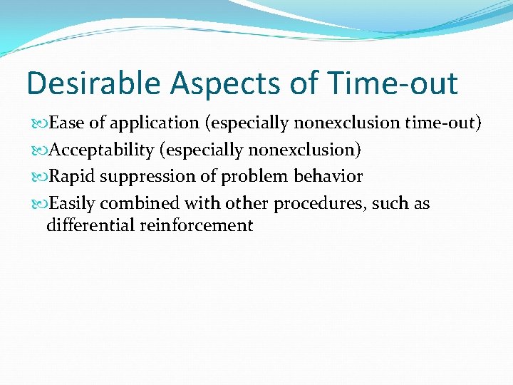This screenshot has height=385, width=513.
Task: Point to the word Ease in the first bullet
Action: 67,123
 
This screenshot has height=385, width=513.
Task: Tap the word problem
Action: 255,176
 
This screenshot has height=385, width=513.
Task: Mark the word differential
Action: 86,226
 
